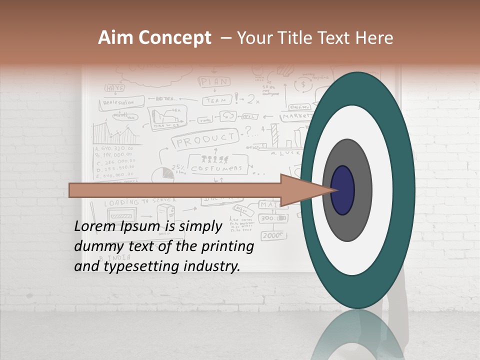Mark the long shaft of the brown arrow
point(175,190)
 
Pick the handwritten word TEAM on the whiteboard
point(217,100)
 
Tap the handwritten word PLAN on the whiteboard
point(214,81)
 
